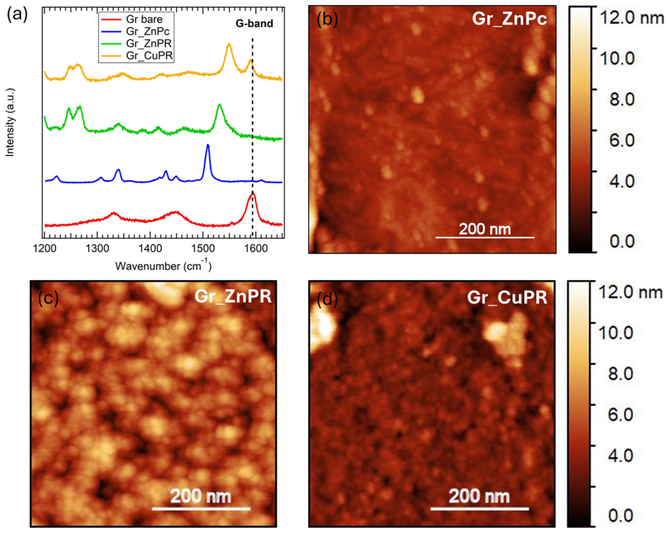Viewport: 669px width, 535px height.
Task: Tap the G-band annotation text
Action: [x=254, y=23]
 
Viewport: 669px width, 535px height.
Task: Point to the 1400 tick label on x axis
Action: [x=150, y=249]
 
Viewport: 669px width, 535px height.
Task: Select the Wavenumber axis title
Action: [x=163, y=266]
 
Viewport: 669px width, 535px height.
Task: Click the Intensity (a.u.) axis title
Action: [x=10, y=122]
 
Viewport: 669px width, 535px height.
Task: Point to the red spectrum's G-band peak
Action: [x=252, y=193]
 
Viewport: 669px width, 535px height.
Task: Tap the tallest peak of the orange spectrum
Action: [x=229, y=44]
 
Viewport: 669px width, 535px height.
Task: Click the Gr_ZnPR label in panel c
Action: [x=233, y=296]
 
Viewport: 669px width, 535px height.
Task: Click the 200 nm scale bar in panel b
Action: [x=485, y=237]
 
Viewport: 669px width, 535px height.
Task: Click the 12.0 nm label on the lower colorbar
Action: [x=630, y=292]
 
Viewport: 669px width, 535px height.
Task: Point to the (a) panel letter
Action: [x=17, y=14]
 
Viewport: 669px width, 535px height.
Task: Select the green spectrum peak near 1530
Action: [x=220, y=105]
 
